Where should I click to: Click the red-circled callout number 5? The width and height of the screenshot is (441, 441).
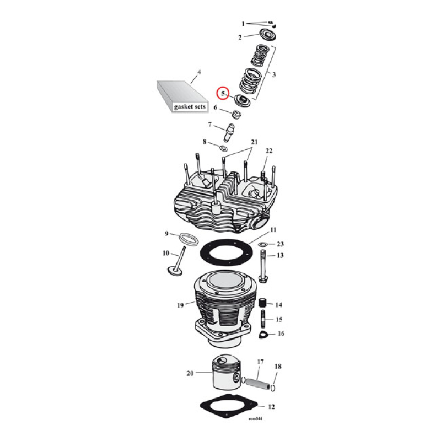(x=223, y=94)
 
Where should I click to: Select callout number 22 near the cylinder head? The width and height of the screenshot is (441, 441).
(x=269, y=151)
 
